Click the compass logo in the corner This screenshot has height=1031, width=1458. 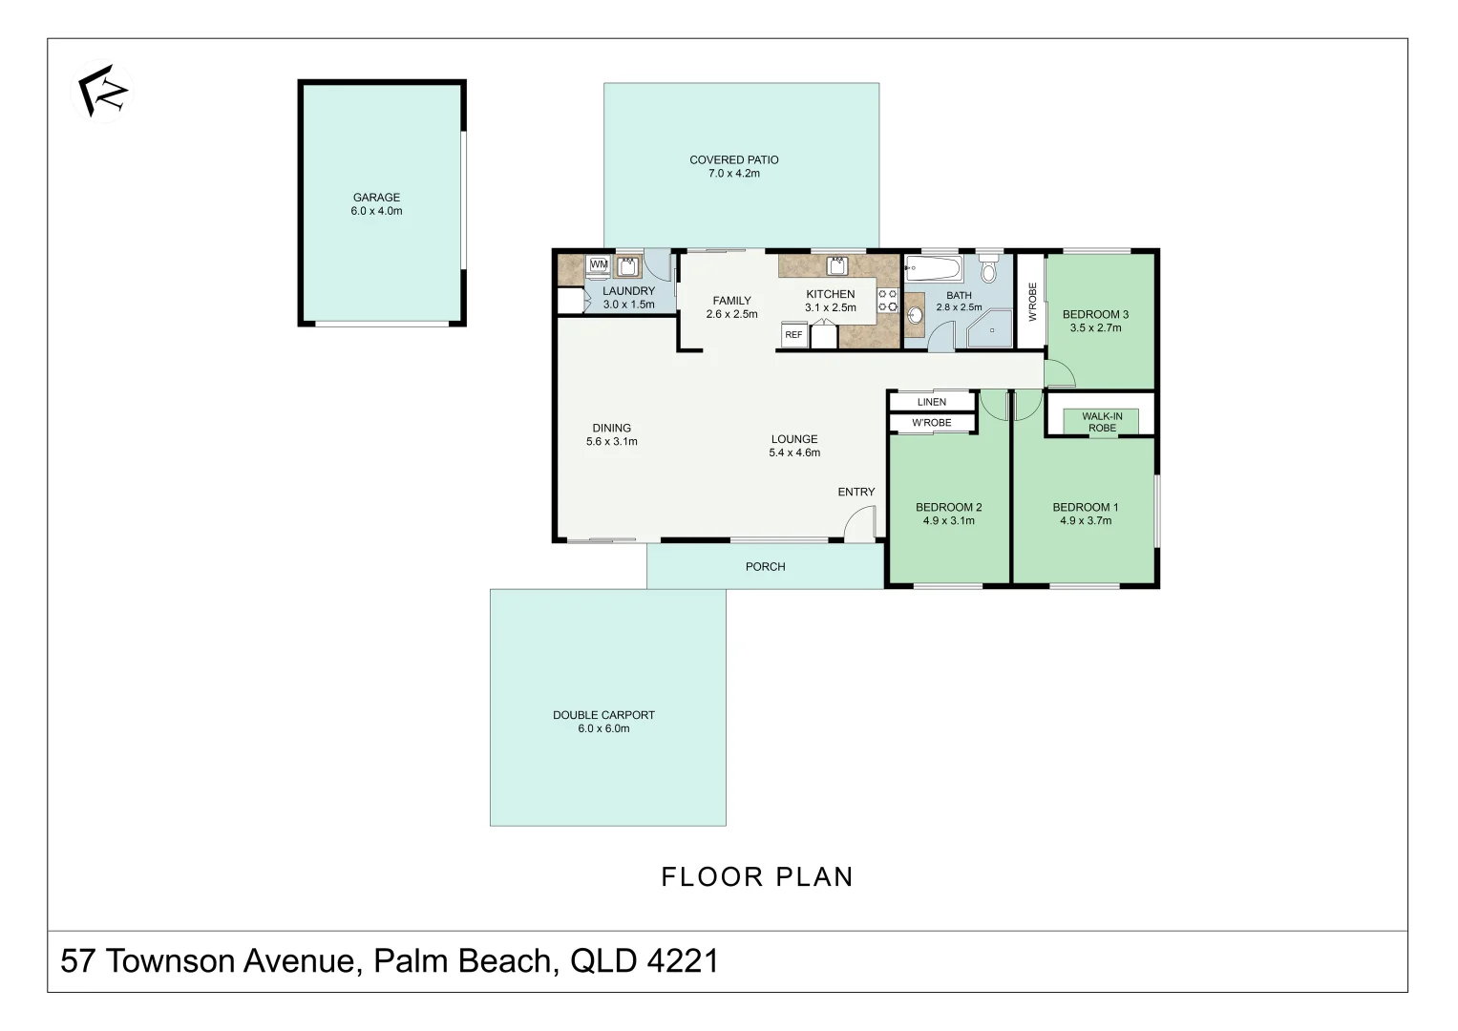(x=102, y=91)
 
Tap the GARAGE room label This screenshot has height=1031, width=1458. (x=376, y=198)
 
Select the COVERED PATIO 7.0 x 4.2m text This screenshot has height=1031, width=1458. (x=734, y=167)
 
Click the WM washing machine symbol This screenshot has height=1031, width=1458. (x=598, y=265)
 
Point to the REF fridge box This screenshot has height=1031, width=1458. (x=794, y=334)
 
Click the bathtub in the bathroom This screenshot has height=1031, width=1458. (x=934, y=267)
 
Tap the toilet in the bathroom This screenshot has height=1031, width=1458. (x=988, y=269)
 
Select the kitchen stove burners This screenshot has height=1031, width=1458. (x=888, y=302)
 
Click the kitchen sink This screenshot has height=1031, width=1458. (x=836, y=266)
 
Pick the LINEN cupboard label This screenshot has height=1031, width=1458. (x=932, y=402)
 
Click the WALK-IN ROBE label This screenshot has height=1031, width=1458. (x=1102, y=422)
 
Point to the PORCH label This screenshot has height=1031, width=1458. (x=766, y=567)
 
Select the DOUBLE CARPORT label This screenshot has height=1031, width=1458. (x=603, y=715)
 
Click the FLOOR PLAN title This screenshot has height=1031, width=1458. (x=757, y=876)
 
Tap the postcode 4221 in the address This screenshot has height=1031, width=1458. (x=683, y=960)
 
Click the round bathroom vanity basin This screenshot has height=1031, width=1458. (x=915, y=316)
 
